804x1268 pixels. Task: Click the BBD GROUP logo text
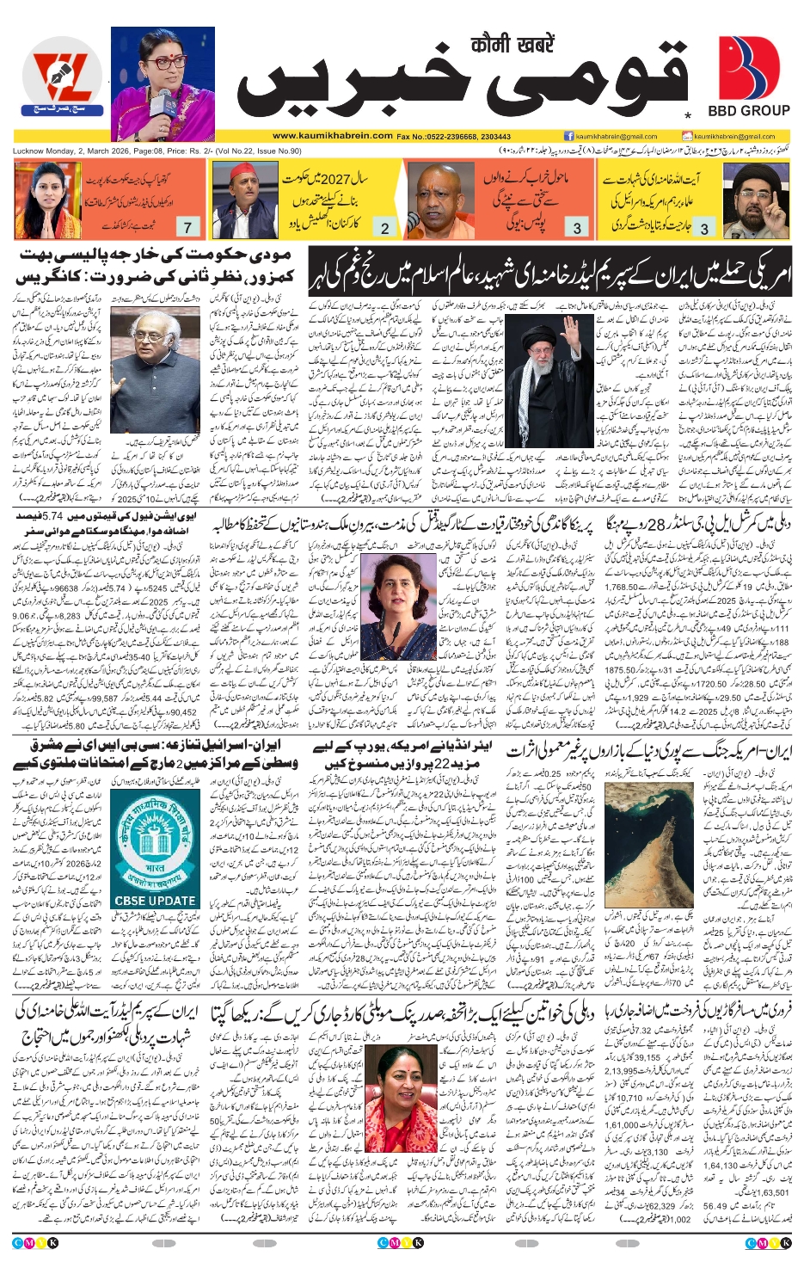tap(748, 110)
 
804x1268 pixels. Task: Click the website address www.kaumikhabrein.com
tap(333, 136)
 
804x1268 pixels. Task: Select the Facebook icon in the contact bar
tap(568, 136)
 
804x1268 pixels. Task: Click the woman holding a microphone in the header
tap(163, 83)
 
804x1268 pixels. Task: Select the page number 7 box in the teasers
tap(187, 227)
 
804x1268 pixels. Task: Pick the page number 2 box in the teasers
tap(384, 228)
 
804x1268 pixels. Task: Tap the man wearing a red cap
tap(244, 200)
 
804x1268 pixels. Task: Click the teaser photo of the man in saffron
tap(439, 200)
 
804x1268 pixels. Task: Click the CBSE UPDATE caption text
tap(155, 901)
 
